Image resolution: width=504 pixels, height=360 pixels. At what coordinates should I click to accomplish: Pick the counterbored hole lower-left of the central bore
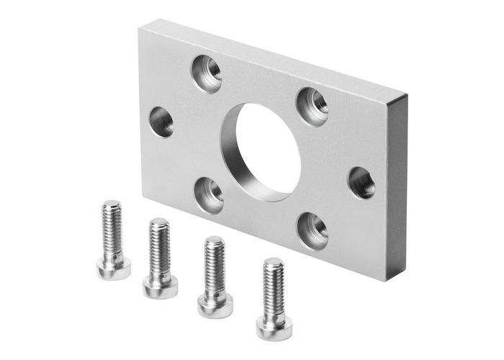point(210,194)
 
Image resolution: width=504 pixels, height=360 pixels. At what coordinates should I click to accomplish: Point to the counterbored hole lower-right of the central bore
point(312,230)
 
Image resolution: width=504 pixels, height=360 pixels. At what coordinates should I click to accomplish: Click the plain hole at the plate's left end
point(161,121)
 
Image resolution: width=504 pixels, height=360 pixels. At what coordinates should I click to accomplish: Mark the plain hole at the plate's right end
point(361,183)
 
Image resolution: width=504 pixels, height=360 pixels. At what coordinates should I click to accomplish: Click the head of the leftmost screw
point(113,268)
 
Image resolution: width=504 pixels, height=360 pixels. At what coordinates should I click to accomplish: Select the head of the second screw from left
point(160,287)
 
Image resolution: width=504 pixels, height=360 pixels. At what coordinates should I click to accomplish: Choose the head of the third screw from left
point(215,305)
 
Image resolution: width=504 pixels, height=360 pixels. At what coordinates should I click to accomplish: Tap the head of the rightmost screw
point(274,327)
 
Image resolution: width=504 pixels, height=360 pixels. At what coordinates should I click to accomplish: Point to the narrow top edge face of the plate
point(274,58)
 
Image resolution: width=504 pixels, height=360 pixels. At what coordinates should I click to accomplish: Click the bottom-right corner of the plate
point(387,280)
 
